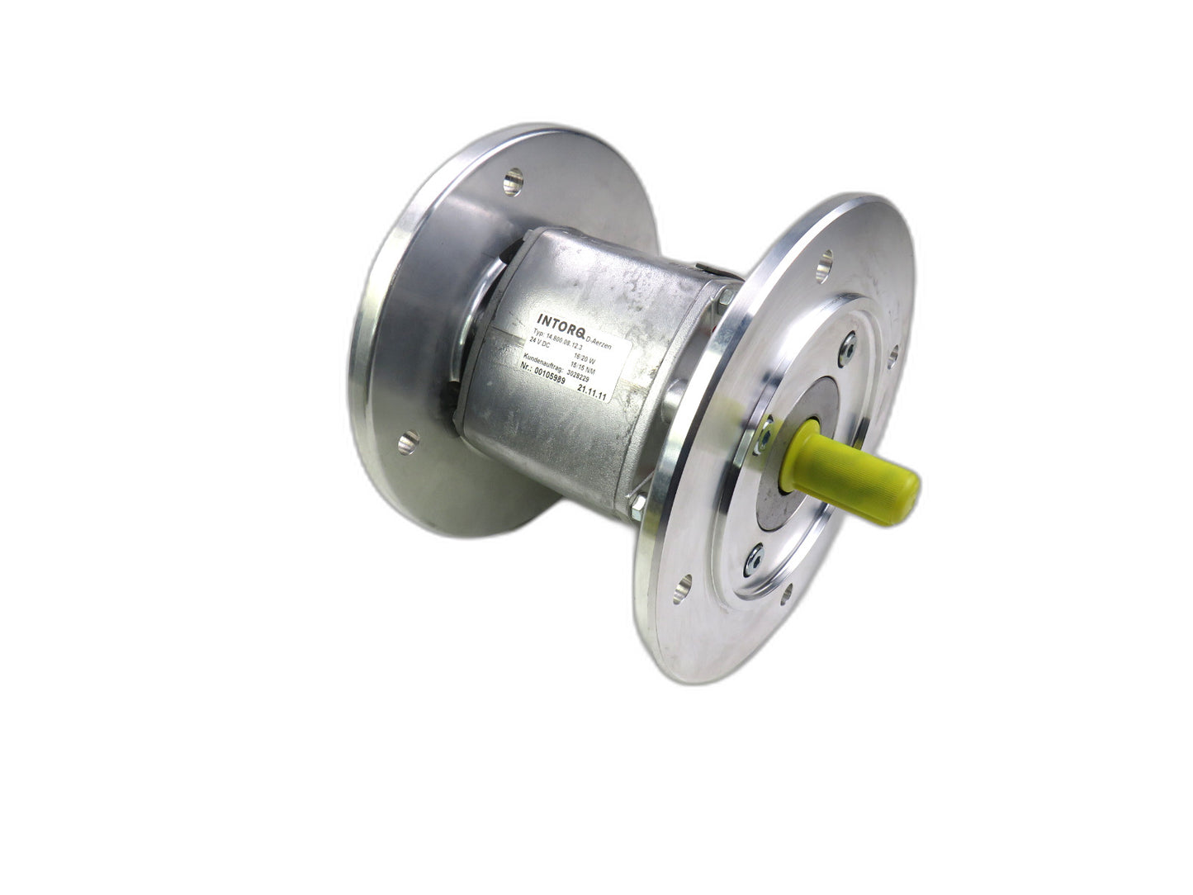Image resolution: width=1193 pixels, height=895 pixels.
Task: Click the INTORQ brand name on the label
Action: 561,321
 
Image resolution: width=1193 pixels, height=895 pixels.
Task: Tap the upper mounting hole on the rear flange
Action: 514,177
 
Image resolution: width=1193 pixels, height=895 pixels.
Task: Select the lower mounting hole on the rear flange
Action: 408,444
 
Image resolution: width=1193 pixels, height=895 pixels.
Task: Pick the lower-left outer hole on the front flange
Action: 683,590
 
